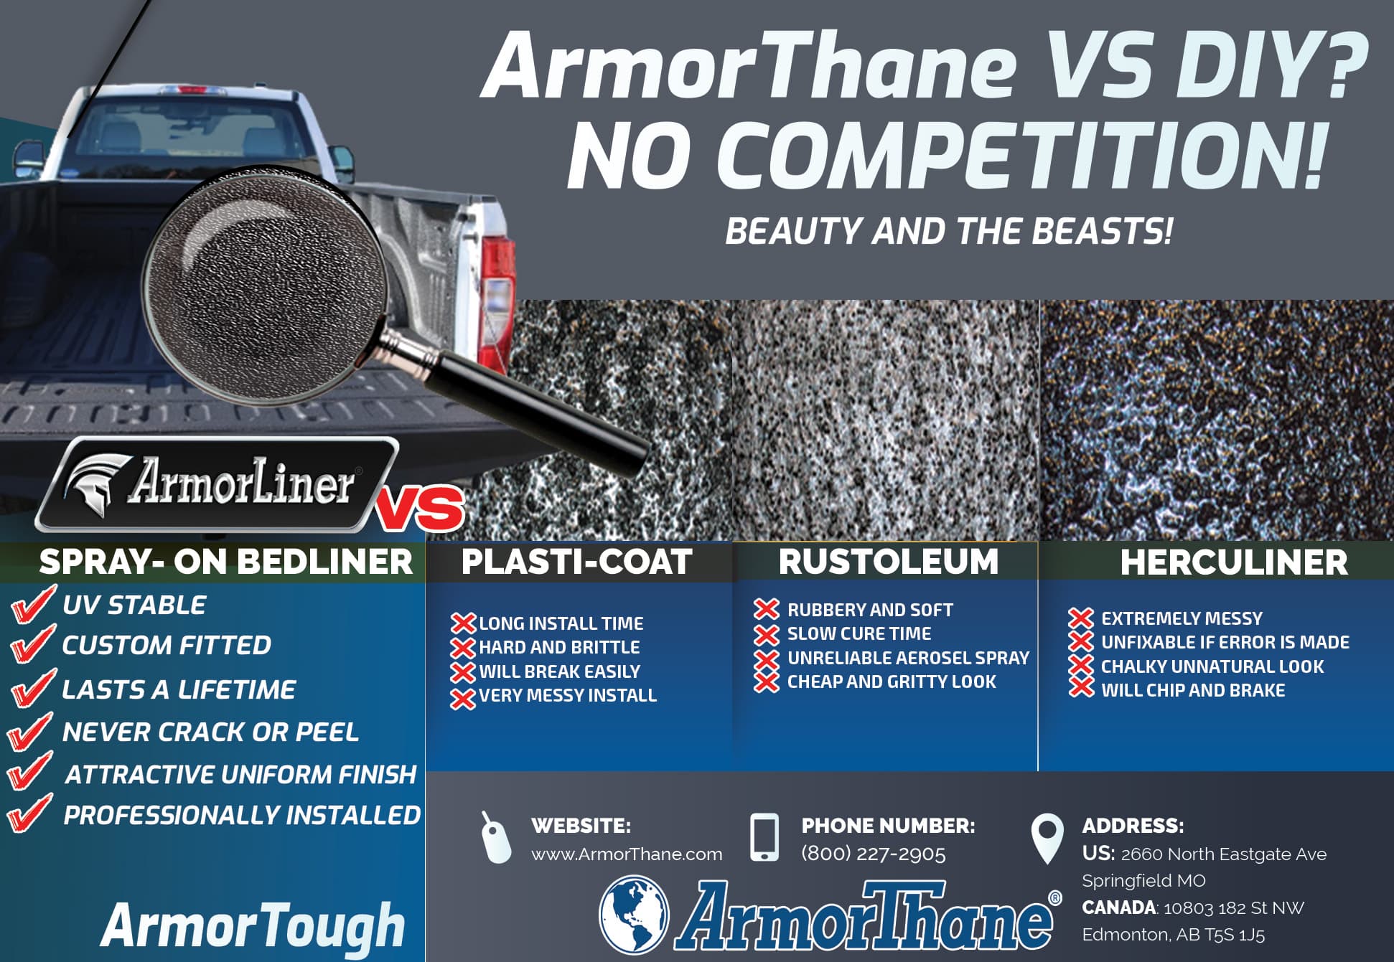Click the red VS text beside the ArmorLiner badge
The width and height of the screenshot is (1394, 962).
[420, 508]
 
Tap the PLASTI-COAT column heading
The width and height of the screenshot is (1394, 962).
[576, 562]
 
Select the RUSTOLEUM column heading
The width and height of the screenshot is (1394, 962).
[888, 562]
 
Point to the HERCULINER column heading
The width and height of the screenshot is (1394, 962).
[1233, 562]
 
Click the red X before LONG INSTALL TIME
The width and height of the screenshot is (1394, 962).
[463, 623]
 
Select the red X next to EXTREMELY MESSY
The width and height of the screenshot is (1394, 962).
[1080, 618]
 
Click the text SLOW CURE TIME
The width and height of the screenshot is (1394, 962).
[859, 634]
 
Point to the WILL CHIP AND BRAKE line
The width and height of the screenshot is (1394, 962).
[1192, 690]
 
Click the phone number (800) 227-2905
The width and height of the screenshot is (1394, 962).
[873, 854]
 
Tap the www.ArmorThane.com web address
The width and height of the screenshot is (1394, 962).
[627, 854]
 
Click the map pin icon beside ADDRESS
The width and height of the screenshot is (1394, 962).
[1047, 838]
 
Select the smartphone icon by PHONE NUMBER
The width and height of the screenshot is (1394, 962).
[764, 837]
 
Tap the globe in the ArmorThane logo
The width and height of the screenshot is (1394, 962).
[634, 915]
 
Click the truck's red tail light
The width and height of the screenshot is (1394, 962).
[497, 301]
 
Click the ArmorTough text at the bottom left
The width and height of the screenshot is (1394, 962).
[253, 925]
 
